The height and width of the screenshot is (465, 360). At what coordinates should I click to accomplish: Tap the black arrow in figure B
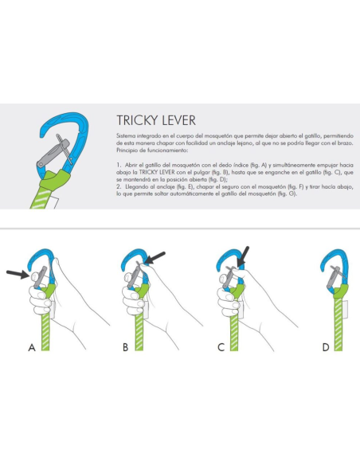tap(155, 256)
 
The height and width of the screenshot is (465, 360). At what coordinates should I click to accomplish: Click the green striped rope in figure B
tap(141, 326)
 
